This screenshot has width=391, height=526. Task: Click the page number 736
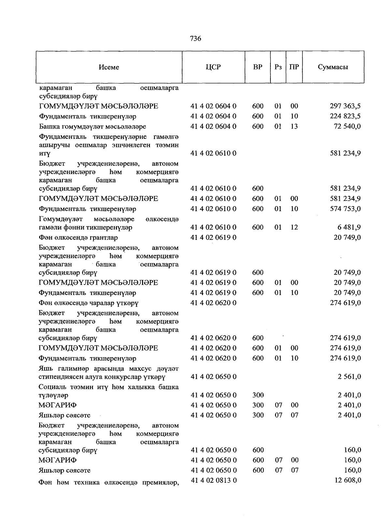pyautogui.click(x=195, y=39)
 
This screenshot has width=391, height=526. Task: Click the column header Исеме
pyautogui.click(x=109, y=67)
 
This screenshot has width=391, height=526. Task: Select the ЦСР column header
pyautogui.click(x=213, y=67)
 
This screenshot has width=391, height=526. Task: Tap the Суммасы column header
pyautogui.click(x=333, y=67)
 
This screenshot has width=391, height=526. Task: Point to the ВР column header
pyautogui.click(x=257, y=67)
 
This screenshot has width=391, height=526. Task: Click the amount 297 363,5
pyautogui.click(x=345, y=106)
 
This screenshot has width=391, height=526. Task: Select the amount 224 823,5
pyautogui.click(x=345, y=116)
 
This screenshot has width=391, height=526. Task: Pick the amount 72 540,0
pyautogui.click(x=347, y=126)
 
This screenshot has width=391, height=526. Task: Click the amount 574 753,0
pyautogui.click(x=345, y=209)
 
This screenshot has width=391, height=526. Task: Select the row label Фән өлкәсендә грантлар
pyautogui.click(x=78, y=238)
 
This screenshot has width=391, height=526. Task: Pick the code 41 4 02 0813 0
pyautogui.click(x=213, y=480)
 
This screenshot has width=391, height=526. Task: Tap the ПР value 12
pyautogui.click(x=294, y=227)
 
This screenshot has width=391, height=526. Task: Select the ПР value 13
pyautogui.click(x=294, y=126)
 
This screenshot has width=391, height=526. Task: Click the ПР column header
pyautogui.click(x=294, y=67)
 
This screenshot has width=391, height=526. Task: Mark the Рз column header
pyautogui.click(x=278, y=67)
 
